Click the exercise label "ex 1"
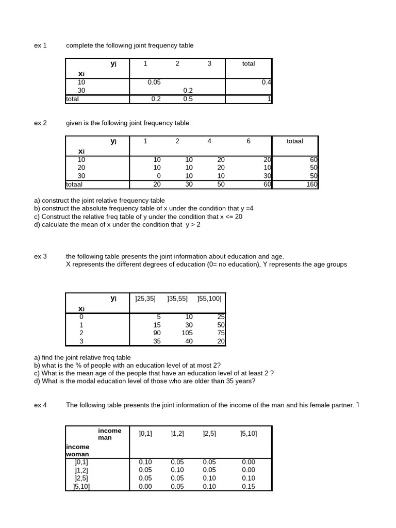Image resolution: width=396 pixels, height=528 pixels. point(40,45)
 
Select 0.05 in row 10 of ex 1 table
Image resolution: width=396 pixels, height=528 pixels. point(154,82)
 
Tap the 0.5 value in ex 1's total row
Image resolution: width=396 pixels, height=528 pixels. point(188,99)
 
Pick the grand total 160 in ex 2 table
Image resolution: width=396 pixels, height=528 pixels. point(311,184)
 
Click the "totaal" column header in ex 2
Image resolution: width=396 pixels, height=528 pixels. point(295,141)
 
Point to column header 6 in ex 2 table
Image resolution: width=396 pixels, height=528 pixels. point(249,141)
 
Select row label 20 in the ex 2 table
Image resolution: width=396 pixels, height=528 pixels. point(81,168)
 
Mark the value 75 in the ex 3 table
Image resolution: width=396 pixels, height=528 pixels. point(221,333)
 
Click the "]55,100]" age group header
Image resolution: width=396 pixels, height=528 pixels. point(209,298)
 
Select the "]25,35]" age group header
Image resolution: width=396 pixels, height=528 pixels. point(145,298)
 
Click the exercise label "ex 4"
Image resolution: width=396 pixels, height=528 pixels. point(40,405)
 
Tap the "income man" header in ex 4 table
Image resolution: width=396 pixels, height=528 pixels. point(109,434)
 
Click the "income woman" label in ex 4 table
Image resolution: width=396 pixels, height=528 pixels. point(77,450)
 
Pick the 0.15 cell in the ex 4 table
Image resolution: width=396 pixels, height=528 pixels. point(248,486)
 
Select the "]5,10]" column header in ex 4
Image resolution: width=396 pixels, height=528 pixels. point(249,434)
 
